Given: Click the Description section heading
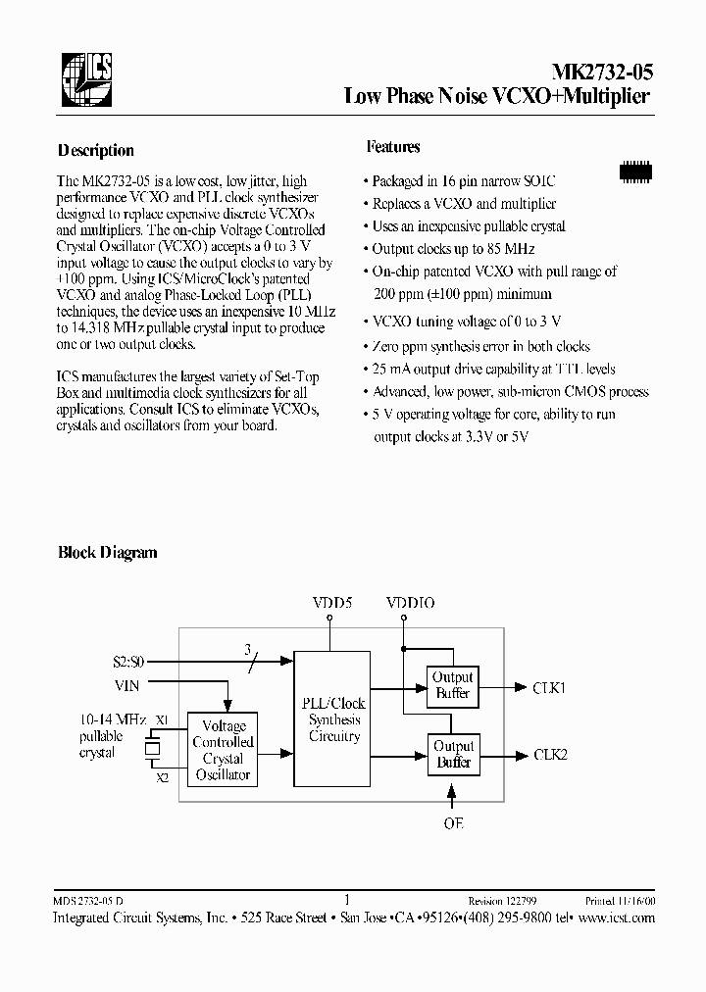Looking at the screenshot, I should [x=96, y=151].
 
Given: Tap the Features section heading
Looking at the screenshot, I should [x=393, y=147].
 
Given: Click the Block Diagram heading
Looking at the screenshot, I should [x=108, y=553].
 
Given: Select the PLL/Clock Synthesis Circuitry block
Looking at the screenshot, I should [x=334, y=719].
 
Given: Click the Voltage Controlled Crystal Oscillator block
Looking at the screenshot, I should [x=223, y=750].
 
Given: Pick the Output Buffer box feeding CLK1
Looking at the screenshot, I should [x=453, y=685].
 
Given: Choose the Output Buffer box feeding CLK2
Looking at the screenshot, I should [x=453, y=755].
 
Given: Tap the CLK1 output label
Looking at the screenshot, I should [x=550, y=688].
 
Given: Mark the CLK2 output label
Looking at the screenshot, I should [x=550, y=755].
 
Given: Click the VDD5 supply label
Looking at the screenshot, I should [x=331, y=603].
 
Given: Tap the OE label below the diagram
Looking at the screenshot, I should [x=452, y=823].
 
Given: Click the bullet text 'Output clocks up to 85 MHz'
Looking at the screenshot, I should [x=454, y=249].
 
